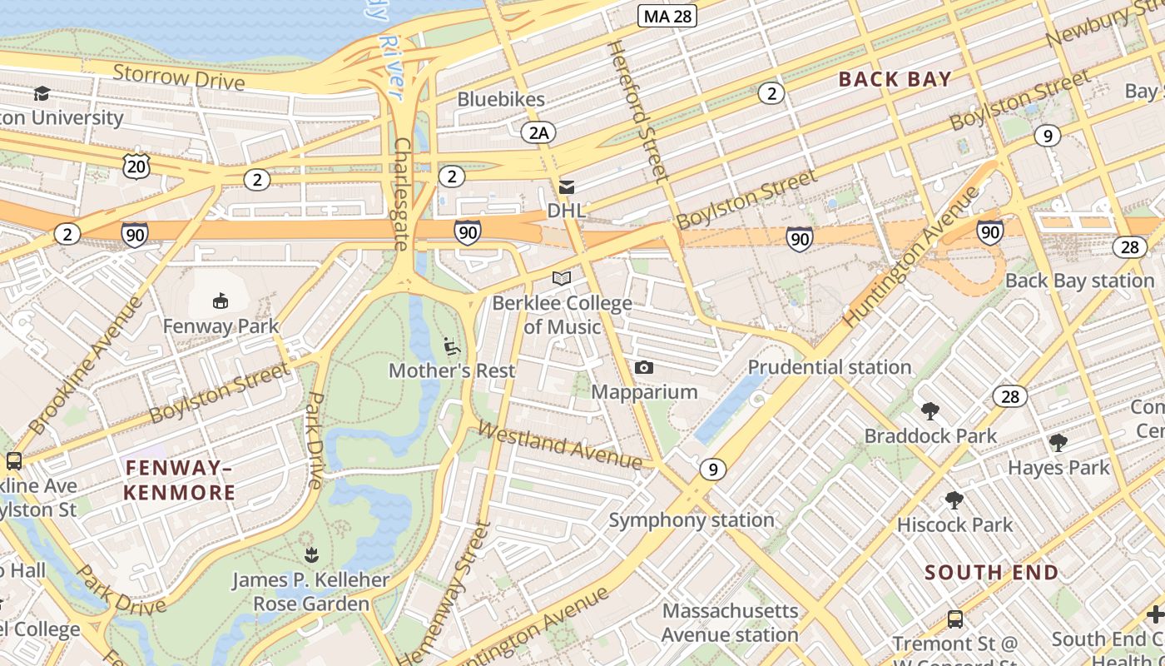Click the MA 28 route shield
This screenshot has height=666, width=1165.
coord(667,15)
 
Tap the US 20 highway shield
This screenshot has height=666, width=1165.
coord(136,166)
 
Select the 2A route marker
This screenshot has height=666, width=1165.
coord(538,132)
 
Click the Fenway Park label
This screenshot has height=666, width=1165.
coord(221,326)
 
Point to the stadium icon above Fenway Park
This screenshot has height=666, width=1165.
coord(221,301)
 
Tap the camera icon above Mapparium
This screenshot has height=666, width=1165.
coord(643,367)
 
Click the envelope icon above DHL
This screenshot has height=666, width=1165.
coord(567,187)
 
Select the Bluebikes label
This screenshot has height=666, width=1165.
coord(501,99)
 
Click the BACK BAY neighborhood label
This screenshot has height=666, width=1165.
coord(895,79)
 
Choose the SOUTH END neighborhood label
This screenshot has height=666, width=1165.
coord(991,572)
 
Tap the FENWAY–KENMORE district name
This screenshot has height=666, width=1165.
coord(180,480)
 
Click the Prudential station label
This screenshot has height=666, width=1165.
coord(829,367)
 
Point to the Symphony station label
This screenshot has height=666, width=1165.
coord(691,520)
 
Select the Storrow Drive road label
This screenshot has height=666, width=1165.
coord(179,77)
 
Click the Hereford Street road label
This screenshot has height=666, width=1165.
coord(638,112)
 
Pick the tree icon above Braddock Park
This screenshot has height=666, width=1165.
coord(930,410)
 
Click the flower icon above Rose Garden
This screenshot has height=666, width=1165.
coord(311,554)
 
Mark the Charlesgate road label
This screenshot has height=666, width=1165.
coord(401,193)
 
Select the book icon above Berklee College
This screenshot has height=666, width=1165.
coord(562,278)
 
